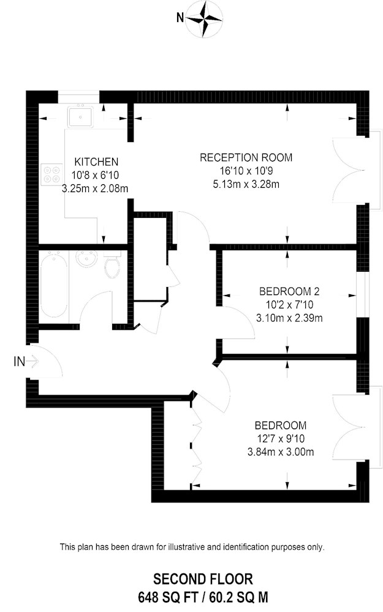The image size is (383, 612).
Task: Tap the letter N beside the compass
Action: [180, 18]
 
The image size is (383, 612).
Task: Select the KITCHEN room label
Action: [96, 162]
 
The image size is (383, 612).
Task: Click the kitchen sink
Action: [80, 116]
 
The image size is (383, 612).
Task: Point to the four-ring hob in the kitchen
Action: [51, 174]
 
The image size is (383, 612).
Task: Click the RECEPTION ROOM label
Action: [246, 158]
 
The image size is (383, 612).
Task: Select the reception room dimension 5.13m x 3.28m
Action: [246, 184]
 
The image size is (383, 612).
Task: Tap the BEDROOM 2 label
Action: [289, 291]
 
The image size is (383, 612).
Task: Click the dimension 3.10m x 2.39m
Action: [289, 318]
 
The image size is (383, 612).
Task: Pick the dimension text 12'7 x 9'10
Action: [280, 439]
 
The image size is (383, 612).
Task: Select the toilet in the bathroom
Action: [112, 266]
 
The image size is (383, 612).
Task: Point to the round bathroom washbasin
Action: [86, 259]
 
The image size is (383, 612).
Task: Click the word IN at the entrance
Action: [19, 362]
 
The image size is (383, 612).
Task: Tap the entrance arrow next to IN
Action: [33, 362]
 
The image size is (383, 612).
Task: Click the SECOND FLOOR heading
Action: [203, 579]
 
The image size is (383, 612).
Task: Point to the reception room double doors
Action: [349, 170]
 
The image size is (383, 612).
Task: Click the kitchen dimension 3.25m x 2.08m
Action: [95, 189]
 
